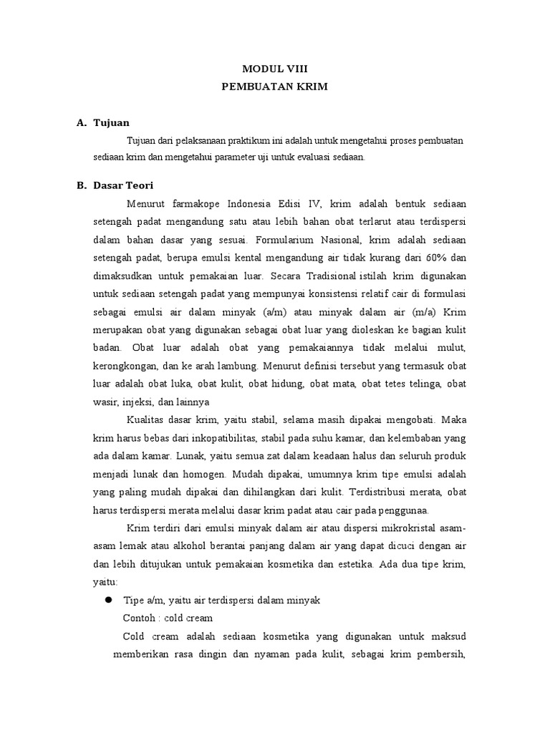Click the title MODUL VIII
coord(274,69)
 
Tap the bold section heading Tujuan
coord(111,123)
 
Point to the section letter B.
coord(81,185)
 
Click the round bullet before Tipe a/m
coord(110,600)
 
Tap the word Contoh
coord(139,618)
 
